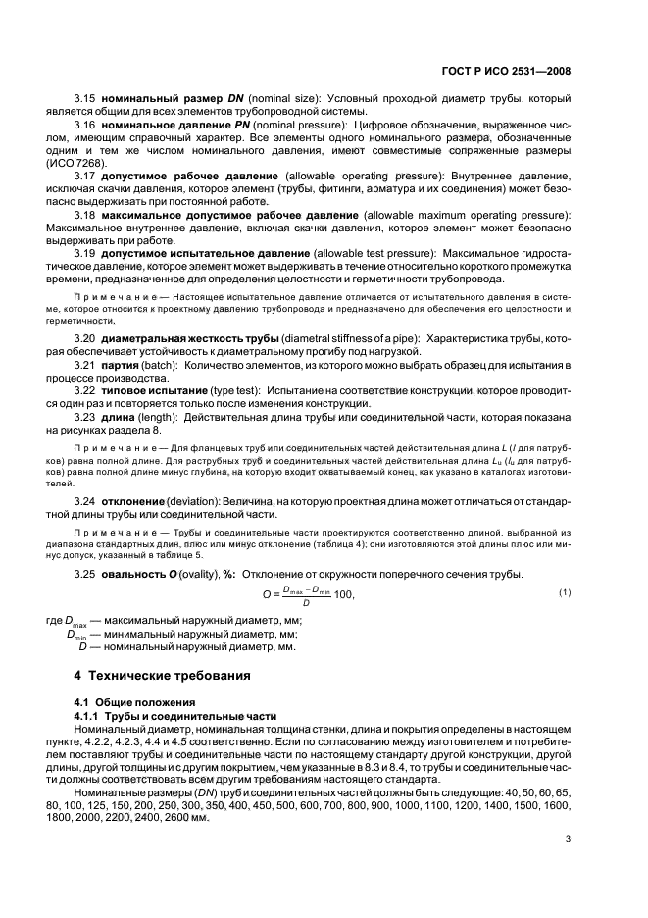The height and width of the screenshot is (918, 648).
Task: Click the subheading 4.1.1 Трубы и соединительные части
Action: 159,716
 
